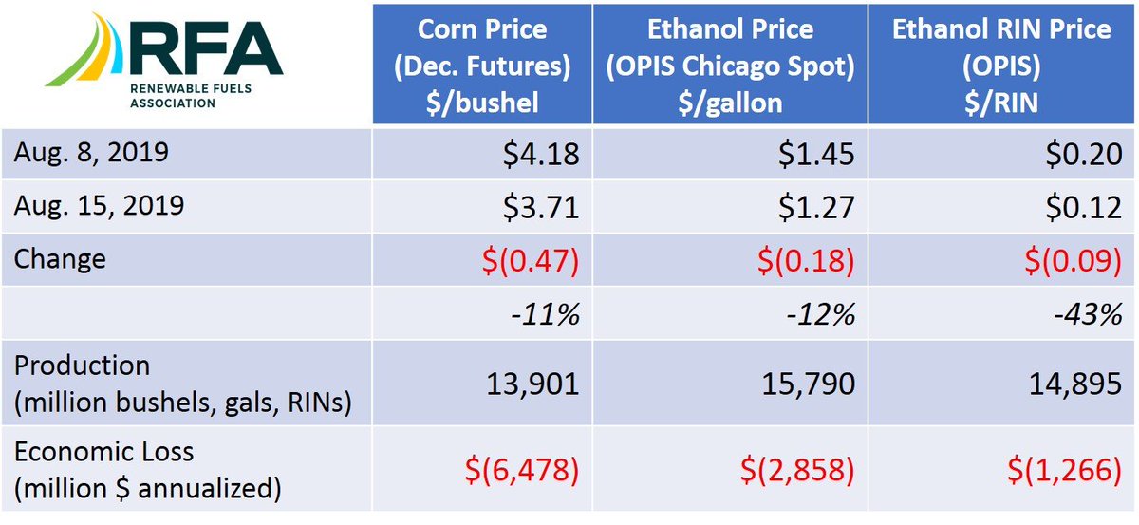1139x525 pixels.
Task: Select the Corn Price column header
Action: click(x=481, y=66)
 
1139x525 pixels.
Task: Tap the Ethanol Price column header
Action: click(x=730, y=65)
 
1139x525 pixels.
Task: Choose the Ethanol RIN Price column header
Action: click(x=1001, y=65)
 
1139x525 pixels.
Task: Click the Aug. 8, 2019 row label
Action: click(x=90, y=153)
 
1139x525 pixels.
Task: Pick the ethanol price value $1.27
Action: click(x=818, y=206)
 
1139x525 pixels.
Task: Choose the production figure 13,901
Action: click(x=532, y=384)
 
